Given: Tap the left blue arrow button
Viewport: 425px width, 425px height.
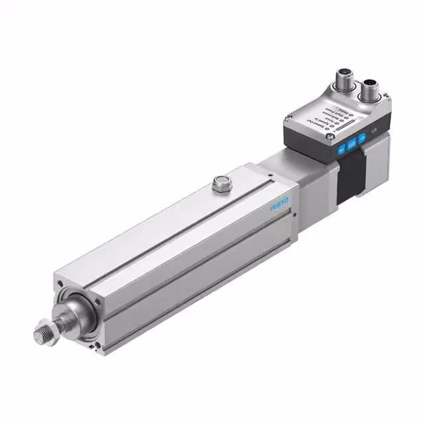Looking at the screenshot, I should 341,150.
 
